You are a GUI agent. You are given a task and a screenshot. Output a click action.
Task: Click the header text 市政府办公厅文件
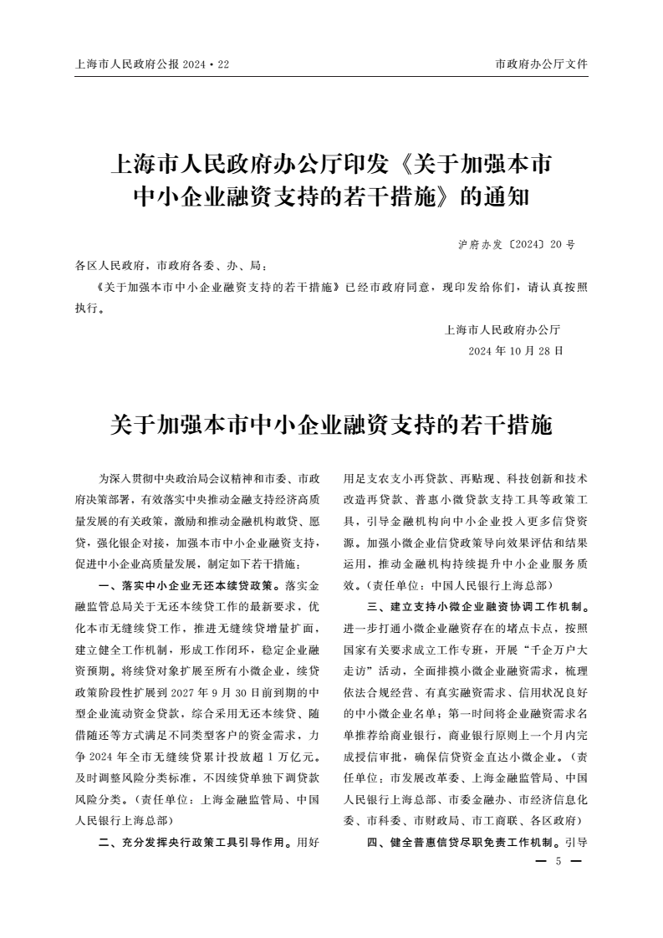click(541, 64)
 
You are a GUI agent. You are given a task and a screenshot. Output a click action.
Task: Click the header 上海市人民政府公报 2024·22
click(151, 64)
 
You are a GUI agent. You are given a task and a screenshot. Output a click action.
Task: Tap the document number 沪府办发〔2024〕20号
click(517, 246)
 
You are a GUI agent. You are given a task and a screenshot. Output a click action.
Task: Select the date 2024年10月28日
click(516, 350)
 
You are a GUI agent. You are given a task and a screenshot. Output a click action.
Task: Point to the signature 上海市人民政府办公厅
click(502, 329)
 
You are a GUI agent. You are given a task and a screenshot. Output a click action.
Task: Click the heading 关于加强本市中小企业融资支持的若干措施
click(331, 425)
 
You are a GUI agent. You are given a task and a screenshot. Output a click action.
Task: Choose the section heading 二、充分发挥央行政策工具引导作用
click(196, 842)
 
